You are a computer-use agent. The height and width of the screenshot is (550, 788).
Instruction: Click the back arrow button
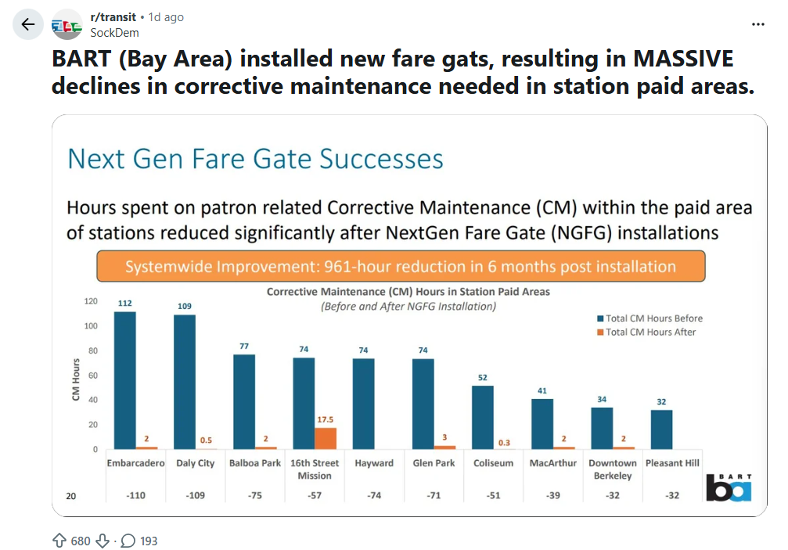point(28,24)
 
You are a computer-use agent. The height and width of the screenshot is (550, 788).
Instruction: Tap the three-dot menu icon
point(757,24)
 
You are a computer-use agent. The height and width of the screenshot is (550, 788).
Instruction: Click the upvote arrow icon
point(59,540)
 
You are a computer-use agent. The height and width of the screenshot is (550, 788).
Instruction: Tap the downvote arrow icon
point(103,540)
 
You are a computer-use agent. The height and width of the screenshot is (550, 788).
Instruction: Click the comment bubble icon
point(128,540)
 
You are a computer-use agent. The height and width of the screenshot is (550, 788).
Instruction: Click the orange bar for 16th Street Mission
point(326,438)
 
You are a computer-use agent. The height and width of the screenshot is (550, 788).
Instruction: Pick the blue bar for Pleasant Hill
point(661,429)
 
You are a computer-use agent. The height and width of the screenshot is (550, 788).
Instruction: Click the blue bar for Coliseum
point(483,417)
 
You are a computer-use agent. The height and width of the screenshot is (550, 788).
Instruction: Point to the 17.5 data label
point(326,419)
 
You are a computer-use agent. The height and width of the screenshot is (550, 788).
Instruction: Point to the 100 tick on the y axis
point(92,326)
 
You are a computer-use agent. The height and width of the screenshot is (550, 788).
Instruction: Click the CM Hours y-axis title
point(76,379)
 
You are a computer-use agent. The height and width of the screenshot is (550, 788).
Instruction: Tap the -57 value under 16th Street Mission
point(315,495)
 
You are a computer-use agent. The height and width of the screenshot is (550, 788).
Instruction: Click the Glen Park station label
point(434,463)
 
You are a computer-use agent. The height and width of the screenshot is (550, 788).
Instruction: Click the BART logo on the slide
point(729,487)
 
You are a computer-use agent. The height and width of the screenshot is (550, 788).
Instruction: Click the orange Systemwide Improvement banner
point(400,267)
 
